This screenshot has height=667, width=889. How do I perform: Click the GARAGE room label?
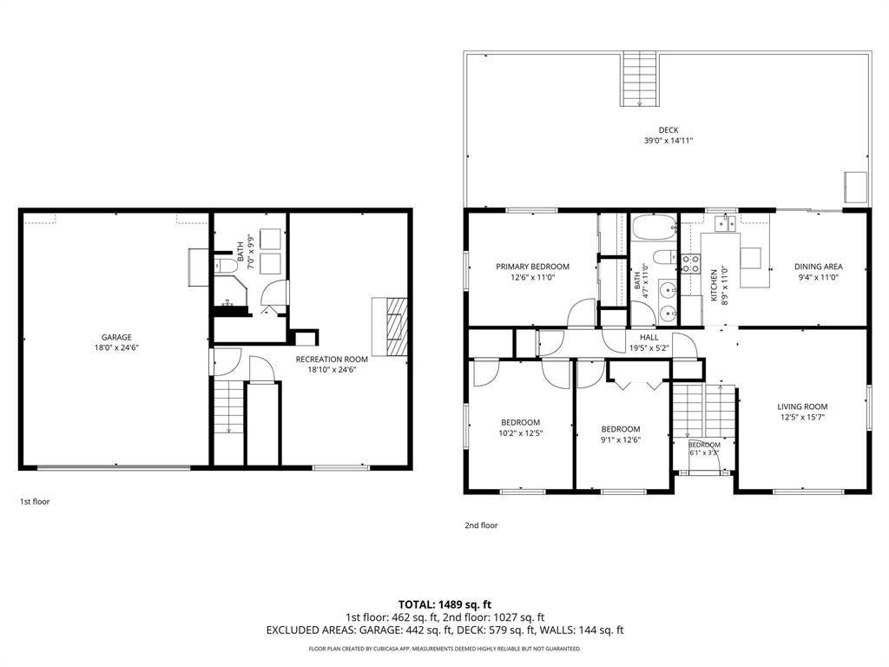pos(116,337)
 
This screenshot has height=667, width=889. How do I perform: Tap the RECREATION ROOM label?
pos(332,359)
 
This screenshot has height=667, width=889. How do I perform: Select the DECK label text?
pos(668,130)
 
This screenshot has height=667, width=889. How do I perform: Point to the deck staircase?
pos(640,78)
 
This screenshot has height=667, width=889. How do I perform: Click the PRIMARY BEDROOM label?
pos(532,267)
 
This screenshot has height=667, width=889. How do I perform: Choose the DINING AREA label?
pos(818,267)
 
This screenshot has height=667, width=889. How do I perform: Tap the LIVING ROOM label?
pos(802,406)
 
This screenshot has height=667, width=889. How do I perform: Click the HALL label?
pos(649,338)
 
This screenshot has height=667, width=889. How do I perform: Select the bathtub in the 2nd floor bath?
pos(655,228)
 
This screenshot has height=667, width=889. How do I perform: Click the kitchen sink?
pos(725,223)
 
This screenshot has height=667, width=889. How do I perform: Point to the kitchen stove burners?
pos(690,264)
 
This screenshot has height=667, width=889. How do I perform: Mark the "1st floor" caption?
pos(35,501)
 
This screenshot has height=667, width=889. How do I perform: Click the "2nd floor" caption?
pos(481,525)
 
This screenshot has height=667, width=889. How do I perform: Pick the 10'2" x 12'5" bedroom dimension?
pos(521,433)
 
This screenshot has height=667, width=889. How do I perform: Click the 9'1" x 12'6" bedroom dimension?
pos(621,439)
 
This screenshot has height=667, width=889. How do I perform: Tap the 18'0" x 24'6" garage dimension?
pos(117,348)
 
